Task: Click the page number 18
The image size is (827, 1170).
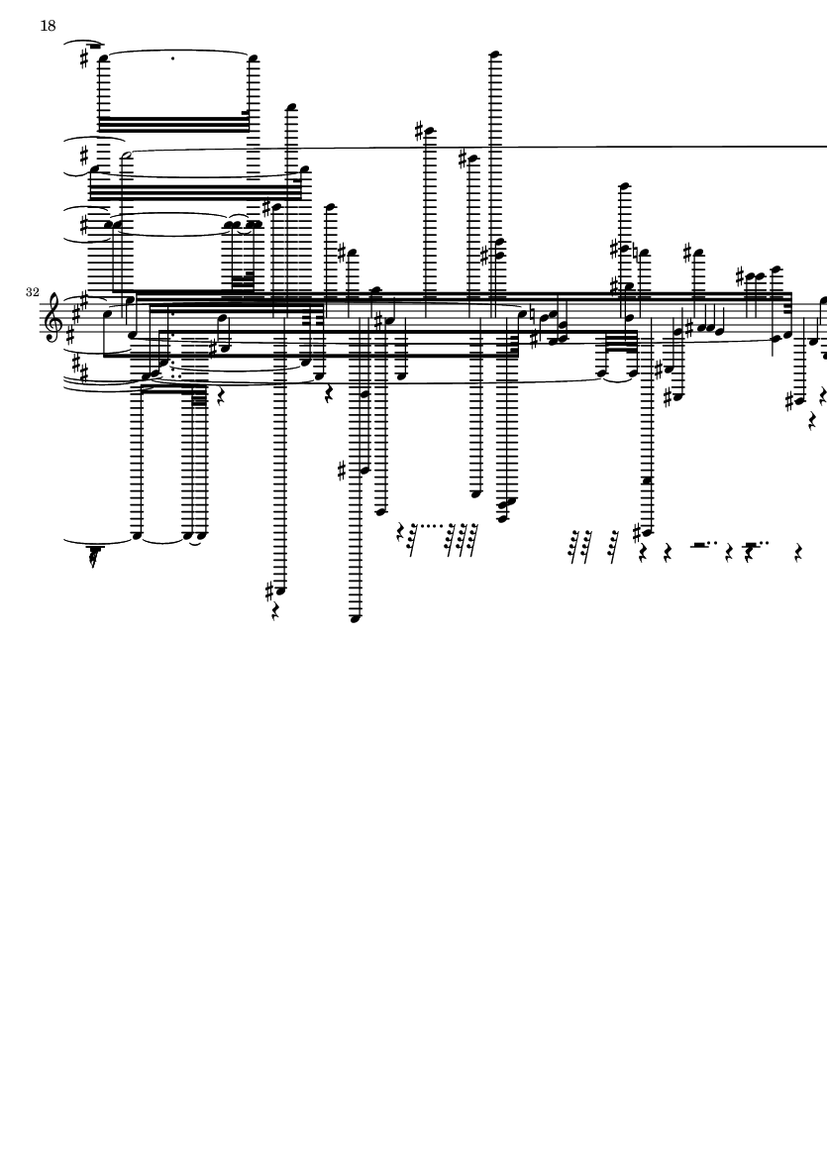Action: pos(48,26)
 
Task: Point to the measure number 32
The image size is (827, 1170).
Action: pos(32,292)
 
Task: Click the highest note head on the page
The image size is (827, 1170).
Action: pos(494,54)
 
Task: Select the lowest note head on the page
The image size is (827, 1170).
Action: pos(355,618)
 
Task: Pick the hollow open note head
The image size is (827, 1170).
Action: pos(128,156)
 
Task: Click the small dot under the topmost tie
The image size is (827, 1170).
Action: pos(173,58)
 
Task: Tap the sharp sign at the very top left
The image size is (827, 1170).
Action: pos(84,59)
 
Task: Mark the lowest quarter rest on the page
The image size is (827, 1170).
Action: pos(275,612)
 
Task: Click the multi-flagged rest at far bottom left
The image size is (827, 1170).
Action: pos(93,556)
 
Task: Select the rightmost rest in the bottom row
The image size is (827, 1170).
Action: pos(798,553)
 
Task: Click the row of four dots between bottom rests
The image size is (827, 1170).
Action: pos(428,525)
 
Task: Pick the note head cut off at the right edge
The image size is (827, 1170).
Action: pos(824,301)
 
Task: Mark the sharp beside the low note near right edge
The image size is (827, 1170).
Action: pos(789,401)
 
